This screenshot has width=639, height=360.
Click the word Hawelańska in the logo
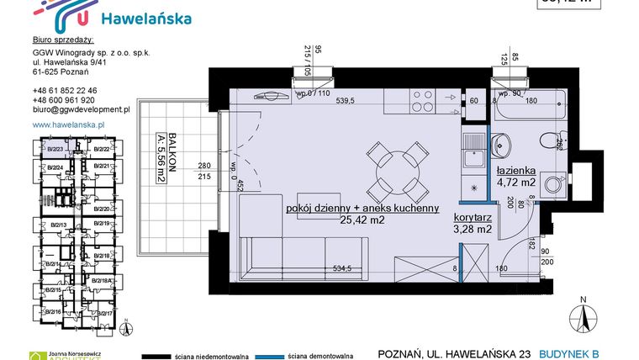145,18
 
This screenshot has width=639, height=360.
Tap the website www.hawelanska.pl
67,124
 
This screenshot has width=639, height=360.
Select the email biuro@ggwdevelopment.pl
81,109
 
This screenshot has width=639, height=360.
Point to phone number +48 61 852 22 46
65,90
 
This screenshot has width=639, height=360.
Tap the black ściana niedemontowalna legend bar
167,354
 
